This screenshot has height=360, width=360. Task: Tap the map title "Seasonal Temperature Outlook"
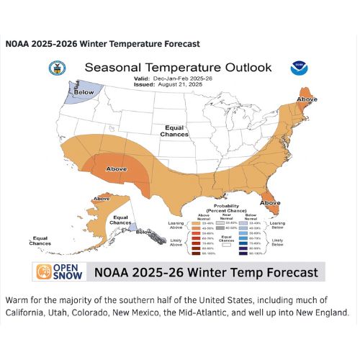(x=178, y=67)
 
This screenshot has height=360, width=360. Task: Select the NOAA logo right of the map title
(x=298, y=68)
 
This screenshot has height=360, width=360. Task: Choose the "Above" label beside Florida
(x=270, y=203)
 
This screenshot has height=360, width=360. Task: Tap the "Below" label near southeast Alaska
(x=144, y=232)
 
